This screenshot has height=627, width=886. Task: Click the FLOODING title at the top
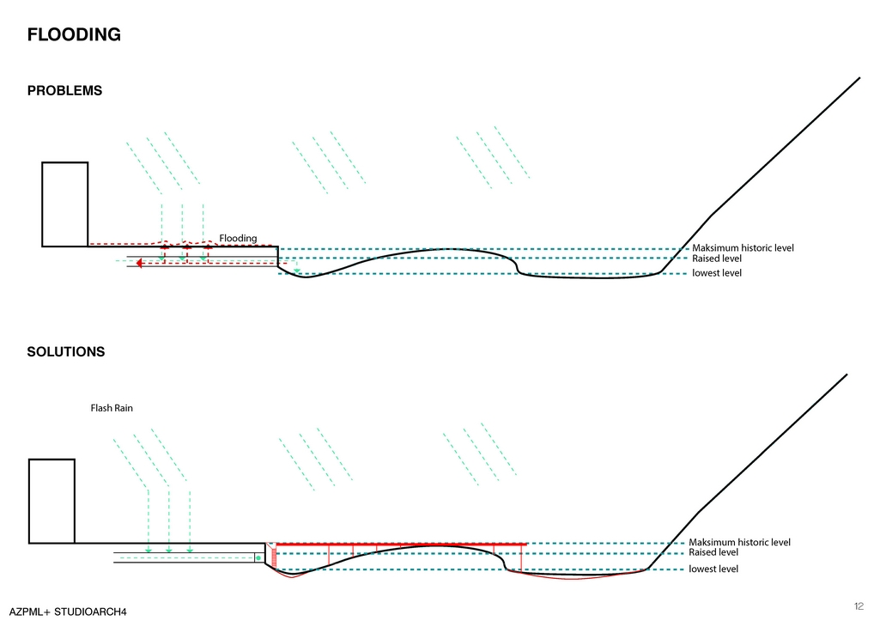coord(74,35)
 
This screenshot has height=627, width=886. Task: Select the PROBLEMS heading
coord(64,91)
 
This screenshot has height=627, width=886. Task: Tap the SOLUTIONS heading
coord(66,352)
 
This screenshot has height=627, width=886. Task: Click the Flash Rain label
coord(112,408)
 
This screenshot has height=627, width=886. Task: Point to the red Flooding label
coord(238,238)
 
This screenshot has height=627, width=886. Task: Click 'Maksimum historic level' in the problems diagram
coord(743,248)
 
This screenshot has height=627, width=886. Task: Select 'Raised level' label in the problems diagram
coord(717,259)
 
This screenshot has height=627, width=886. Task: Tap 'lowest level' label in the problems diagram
coord(717,273)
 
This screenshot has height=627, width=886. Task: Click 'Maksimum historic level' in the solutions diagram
coord(739,542)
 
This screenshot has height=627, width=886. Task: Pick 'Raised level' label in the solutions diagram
coord(713,552)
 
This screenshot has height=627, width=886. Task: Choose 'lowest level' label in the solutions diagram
coord(713,569)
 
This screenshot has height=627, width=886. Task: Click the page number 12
coord(859,606)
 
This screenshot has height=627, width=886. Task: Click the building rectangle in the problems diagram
coord(65,204)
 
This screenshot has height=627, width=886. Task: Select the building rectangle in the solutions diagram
coord(52,501)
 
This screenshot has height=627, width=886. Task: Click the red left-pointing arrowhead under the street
coord(139,263)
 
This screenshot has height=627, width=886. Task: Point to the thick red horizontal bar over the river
coord(400,544)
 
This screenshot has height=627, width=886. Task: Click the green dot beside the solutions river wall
coord(258,558)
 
